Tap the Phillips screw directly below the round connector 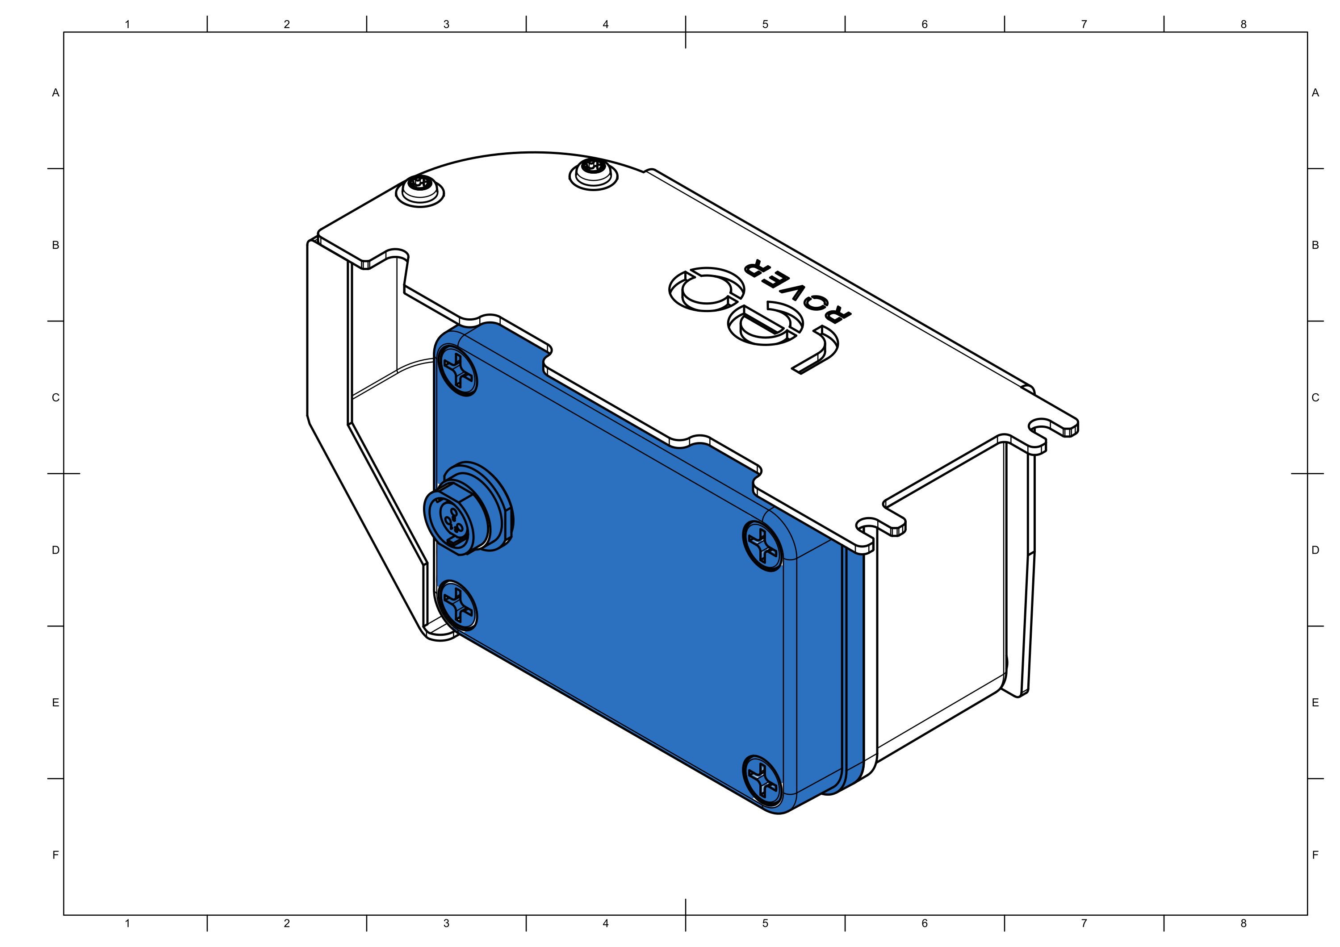pyautogui.click(x=458, y=605)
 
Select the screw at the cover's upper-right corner pyautogui.click(x=762, y=546)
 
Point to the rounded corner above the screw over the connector pyautogui.click(x=447, y=338)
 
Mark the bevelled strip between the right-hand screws pyautogui.click(x=790, y=671)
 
